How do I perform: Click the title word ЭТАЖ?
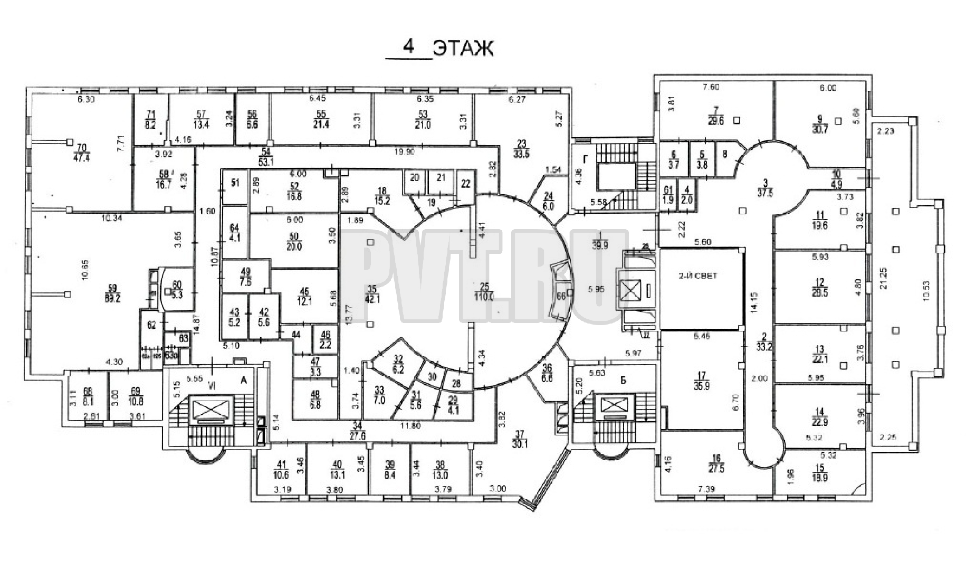coord(463,49)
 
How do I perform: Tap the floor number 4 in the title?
coord(408,47)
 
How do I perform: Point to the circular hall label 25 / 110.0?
coord(484,291)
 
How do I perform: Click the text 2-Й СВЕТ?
coord(699,276)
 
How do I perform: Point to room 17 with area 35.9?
coord(701,381)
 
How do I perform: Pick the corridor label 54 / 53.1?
coord(266,157)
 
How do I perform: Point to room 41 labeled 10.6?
coord(281,469)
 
